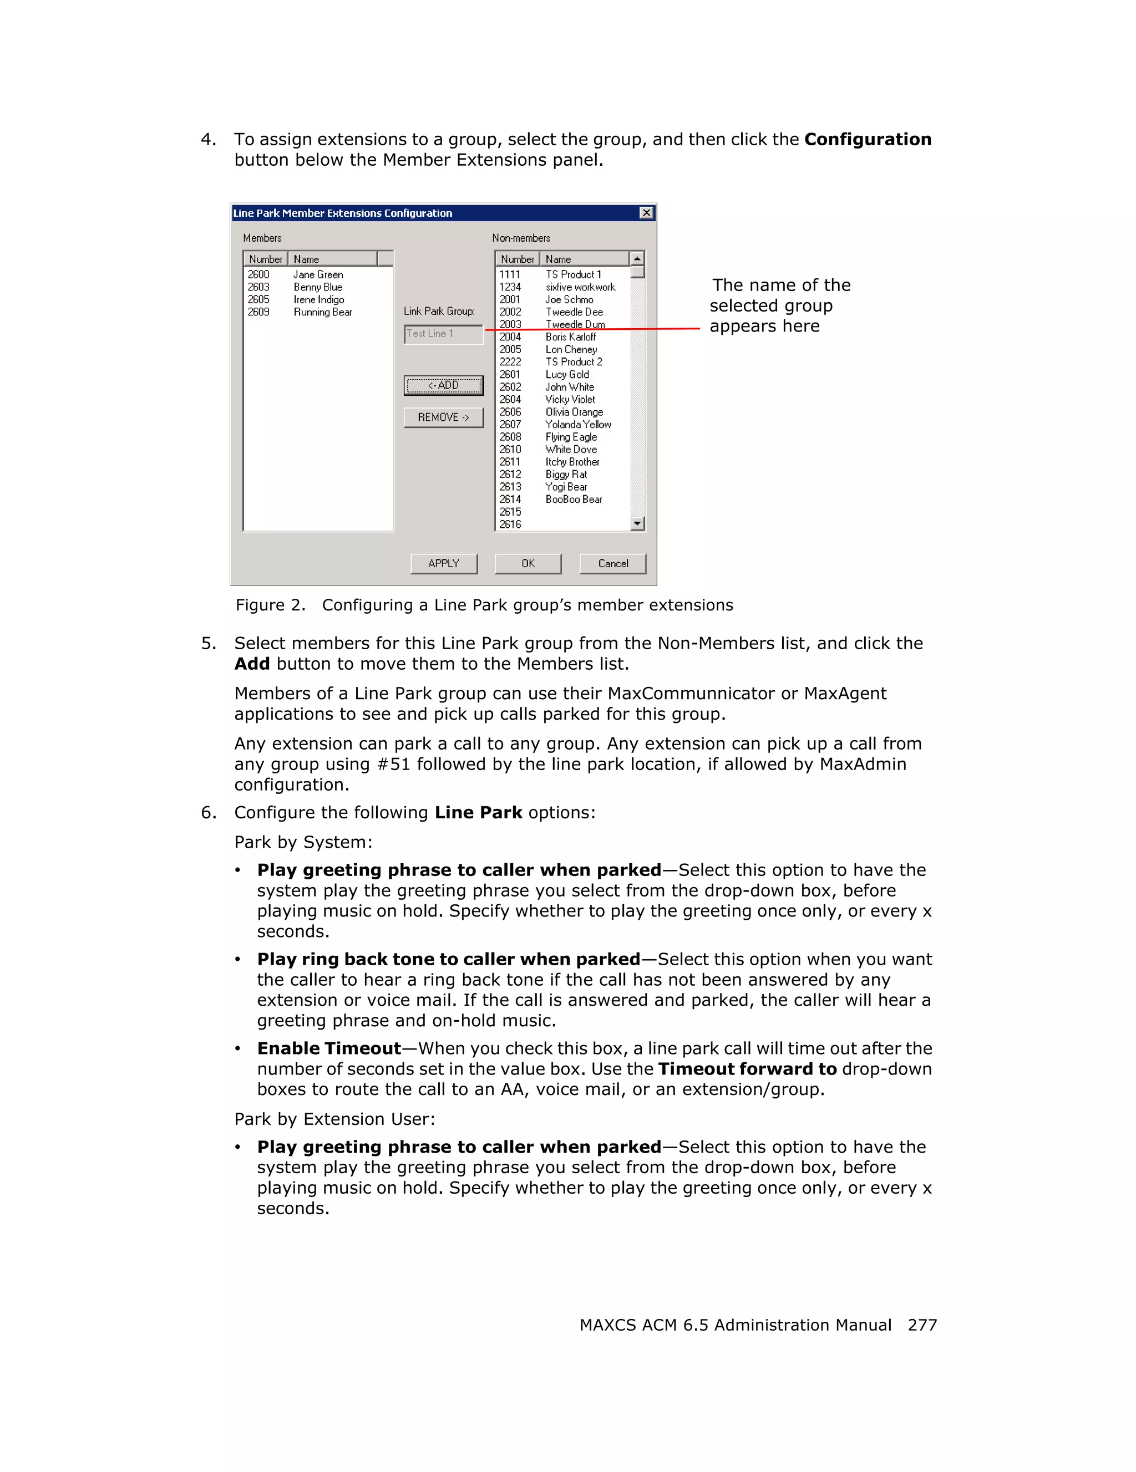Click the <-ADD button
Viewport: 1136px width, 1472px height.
(443, 385)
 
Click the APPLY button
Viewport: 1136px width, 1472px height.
(443, 563)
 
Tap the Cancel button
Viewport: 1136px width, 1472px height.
(612, 563)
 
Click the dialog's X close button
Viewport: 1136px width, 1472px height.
(646, 213)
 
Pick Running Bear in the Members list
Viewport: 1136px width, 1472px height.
(322, 312)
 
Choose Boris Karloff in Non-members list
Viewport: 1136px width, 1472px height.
(570, 337)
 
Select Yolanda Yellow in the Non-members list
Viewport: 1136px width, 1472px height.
(578, 425)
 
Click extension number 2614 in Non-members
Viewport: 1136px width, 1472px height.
(510, 500)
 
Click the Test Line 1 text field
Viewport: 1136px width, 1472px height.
(443, 334)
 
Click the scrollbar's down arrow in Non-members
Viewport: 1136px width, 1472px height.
(637, 524)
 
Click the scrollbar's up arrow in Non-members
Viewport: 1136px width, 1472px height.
(637, 259)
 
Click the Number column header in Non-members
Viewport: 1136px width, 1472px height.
(517, 259)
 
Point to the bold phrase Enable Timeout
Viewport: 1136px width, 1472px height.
(328, 1049)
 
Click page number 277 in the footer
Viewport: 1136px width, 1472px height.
(921, 1325)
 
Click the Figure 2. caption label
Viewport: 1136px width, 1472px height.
(270, 605)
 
